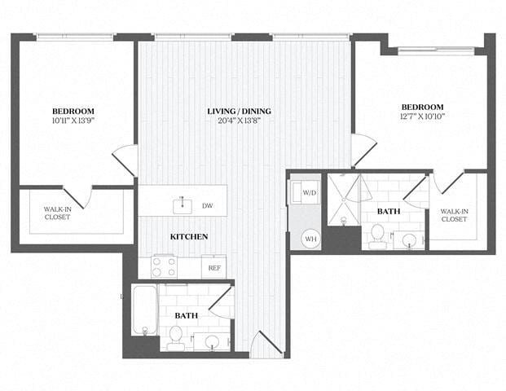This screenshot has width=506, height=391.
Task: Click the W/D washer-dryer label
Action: click(x=310, y=193)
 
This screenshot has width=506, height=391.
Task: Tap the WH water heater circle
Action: click(x=310, y=239)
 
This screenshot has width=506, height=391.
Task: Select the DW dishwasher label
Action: click(x=208, y=206)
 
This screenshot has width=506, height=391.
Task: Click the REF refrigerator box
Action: click(x=214, y=267)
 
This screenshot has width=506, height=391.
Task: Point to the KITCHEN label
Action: click(x=188, y=236)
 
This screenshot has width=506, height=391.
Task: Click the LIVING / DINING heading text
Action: click(x=239, y=111)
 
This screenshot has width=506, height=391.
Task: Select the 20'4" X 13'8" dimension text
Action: click(x=239, y=121)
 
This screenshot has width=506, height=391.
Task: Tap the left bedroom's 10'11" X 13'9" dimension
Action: click(x=73, y=121)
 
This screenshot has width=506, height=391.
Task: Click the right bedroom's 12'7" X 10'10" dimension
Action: click(x=421, y=117)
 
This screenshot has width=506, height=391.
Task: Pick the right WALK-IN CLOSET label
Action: click(x=454, y=215)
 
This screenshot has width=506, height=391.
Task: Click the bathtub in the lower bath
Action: click(x=144, y=310)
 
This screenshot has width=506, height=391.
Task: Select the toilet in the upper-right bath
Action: click(x=376, y=235)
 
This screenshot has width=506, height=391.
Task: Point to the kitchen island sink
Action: click(x=181, y=204)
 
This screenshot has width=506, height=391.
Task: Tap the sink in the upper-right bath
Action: click(x=409, y=239)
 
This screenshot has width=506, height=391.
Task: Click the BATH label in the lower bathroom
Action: click(x=187, y=314)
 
